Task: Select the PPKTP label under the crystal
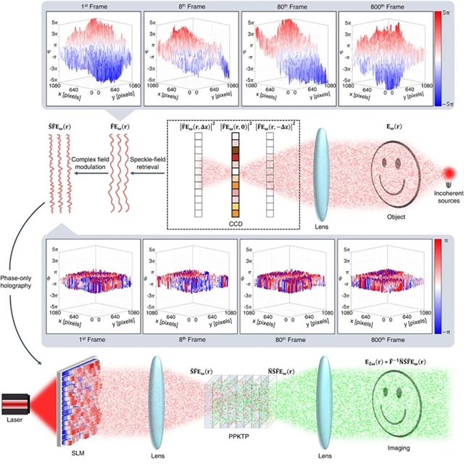point(239,451)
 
